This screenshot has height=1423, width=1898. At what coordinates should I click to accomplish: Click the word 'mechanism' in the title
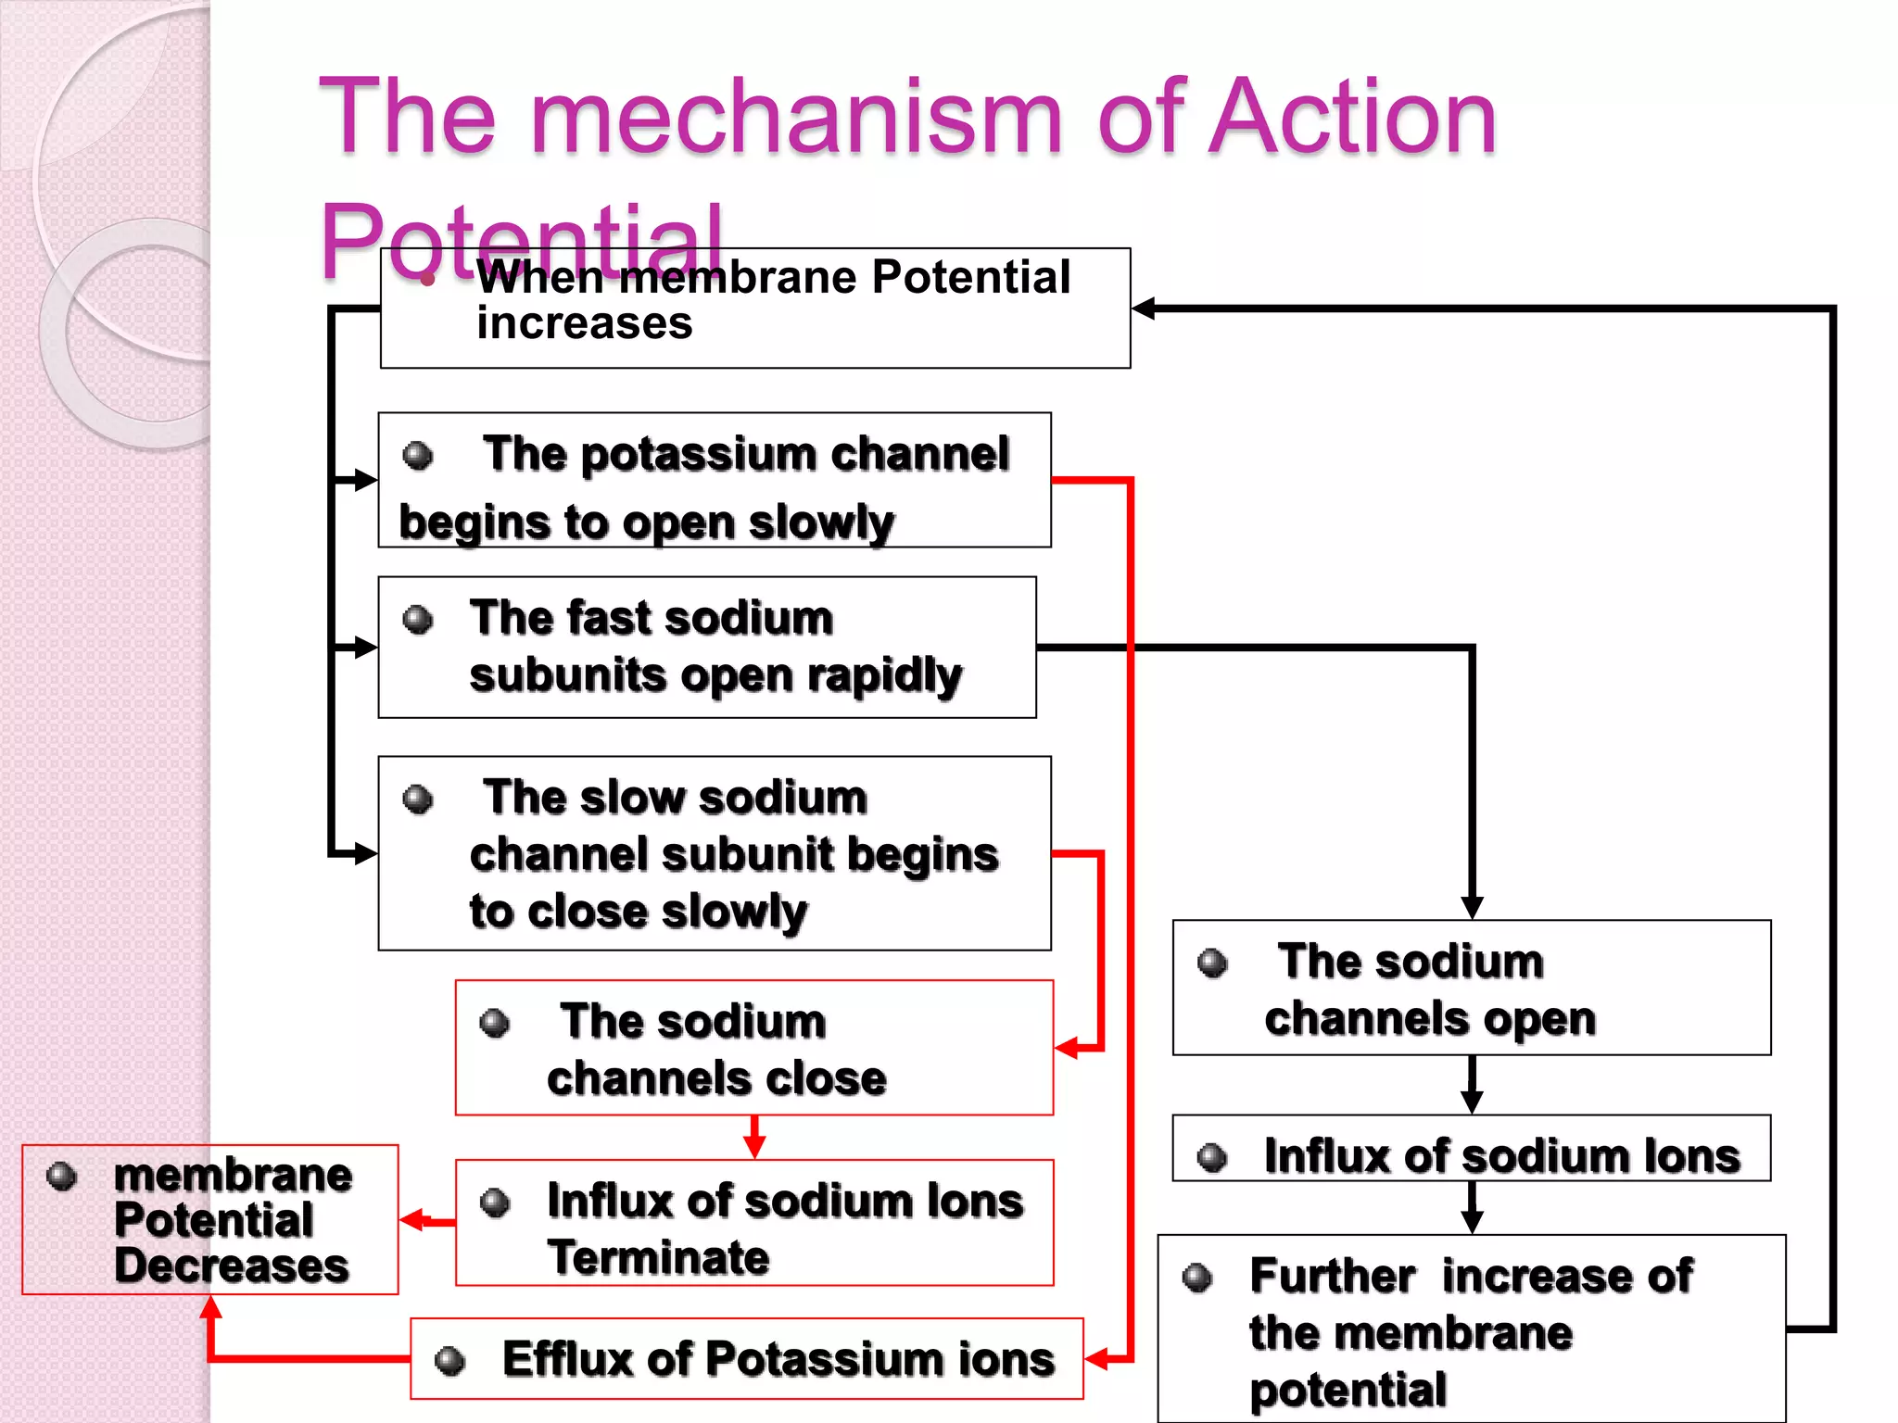[x=795, y=119]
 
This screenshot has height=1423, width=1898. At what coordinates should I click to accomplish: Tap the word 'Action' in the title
[x=1353, y=119]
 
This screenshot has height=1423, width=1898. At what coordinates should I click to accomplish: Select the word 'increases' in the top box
[x=584, y=324]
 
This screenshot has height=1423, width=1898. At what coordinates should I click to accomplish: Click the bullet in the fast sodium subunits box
[x=418, y=619]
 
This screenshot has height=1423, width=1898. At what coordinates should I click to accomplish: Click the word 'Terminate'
[x=658, y=1258]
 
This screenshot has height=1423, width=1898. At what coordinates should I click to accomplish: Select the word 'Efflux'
[x=567, y=1359]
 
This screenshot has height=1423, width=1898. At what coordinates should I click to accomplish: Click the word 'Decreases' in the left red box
[x=232, y=1266]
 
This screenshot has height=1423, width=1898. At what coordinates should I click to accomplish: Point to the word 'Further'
[x=1332, y=1277]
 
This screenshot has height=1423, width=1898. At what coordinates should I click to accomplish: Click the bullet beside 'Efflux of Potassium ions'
[x=450, y=1361]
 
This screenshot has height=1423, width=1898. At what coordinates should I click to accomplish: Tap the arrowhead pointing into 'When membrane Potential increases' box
[x=1144, y=309]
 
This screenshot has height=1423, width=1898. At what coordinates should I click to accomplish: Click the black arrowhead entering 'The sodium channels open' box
[x=1472, y=907]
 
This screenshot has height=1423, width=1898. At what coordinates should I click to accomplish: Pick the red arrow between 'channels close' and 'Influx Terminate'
[x=754, y=1138]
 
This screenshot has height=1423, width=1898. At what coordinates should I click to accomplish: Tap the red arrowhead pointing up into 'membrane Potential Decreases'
[x=211, y=1307]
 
